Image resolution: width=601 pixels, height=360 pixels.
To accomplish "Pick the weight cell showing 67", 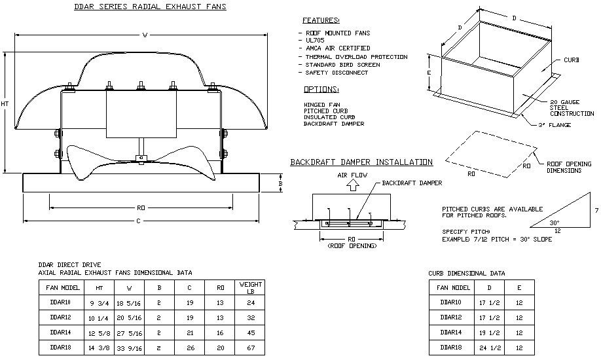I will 250,348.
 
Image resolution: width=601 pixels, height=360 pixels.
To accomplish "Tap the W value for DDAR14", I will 128,333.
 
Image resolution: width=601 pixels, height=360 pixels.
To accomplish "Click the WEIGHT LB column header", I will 250,287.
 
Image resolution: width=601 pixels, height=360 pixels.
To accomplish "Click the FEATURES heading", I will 321,20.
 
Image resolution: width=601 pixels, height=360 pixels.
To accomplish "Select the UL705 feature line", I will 315,40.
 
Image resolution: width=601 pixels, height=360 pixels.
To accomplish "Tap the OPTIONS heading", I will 321,89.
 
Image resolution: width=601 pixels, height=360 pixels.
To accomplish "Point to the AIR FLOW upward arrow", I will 352,186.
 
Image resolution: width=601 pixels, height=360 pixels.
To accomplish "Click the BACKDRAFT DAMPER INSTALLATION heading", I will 361,162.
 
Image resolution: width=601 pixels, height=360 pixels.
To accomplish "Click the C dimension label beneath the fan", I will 139,221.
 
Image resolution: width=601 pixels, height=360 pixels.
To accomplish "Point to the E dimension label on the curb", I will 429,73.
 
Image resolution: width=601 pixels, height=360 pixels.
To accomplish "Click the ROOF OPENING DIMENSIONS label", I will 568,167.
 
